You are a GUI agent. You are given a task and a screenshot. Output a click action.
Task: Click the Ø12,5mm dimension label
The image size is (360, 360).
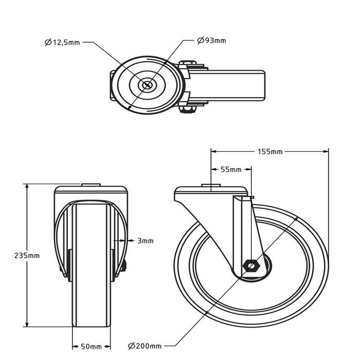tap(62, 43)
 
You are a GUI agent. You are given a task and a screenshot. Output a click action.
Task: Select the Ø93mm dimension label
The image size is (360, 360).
tap(212, 41)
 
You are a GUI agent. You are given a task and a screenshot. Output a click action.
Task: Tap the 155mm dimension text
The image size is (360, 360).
tap(270, 152)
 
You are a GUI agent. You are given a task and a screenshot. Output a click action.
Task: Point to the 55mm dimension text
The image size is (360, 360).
tap(231, 170)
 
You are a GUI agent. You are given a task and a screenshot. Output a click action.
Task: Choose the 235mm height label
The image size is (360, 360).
tap(27, 256)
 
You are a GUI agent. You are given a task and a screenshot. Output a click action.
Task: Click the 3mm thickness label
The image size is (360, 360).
tap(146, 241)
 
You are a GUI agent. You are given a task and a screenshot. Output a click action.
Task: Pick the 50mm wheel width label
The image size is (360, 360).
tap(92, 347)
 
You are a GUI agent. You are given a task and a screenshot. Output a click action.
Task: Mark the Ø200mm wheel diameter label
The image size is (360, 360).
tap(145, 346)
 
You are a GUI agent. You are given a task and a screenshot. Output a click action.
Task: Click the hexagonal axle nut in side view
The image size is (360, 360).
tap(251, 266)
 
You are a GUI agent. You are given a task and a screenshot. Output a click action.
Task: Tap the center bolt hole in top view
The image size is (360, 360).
tap(147, 85)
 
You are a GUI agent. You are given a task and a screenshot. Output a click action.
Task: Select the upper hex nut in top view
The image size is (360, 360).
tap(188, 63)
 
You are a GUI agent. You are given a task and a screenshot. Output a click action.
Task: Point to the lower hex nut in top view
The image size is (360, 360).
tap(188, 110)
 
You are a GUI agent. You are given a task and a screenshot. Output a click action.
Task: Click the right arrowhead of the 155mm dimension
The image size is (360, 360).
tap(326, 152)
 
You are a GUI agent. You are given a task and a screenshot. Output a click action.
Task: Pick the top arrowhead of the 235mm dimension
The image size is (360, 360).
tap(27, 187)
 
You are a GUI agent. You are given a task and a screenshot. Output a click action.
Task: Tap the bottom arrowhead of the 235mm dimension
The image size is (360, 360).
tap(27, 323)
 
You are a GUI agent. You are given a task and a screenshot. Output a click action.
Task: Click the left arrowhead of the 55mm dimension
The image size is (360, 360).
tap(214, 170)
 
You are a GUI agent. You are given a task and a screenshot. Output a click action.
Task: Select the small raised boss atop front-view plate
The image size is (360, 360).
tap(91, 185)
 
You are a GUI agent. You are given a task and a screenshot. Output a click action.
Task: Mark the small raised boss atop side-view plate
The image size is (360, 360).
tap(211, 185)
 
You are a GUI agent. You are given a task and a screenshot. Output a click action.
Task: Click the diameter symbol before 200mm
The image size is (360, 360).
tap(131, 346)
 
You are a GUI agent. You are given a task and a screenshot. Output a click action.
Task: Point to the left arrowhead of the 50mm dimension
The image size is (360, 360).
tap(75, 347)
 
